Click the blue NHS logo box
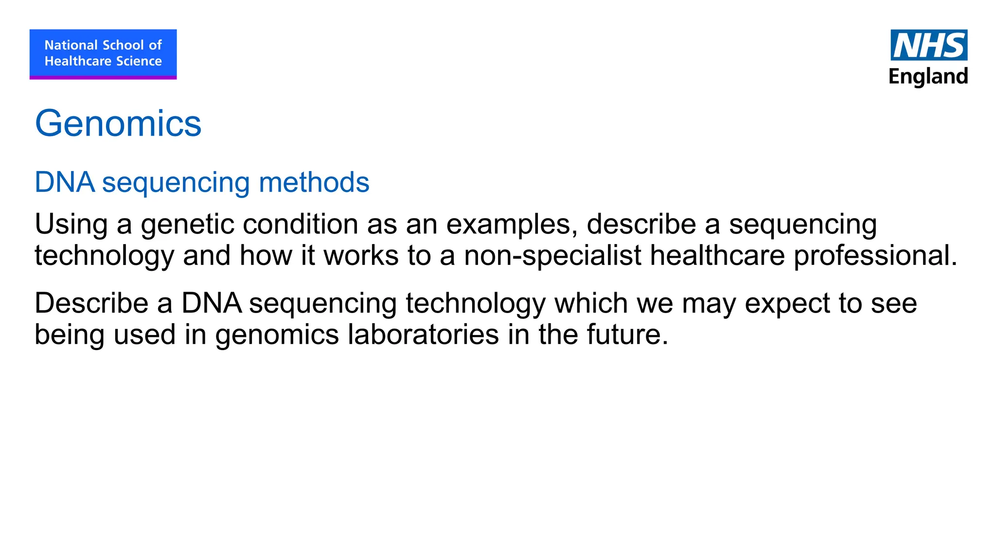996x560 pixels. point(929,45)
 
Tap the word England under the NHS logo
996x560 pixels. point(928,77)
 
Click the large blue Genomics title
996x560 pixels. point(118,123)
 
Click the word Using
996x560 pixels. point(71,225)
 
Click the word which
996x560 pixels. point(591,303)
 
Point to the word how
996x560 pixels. point(266,256)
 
